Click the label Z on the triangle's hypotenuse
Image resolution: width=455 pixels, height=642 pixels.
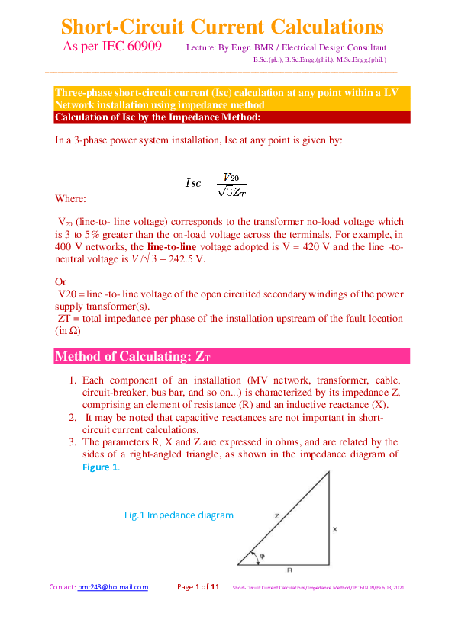[x=276, y=516]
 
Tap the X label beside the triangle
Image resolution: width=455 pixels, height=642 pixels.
[x=335, y=528]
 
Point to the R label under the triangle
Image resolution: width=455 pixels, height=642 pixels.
[x=289, y=570]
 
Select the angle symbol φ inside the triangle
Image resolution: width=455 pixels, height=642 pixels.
[x=262, y=556]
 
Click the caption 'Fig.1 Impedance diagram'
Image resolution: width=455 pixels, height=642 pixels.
[x=179, y=515]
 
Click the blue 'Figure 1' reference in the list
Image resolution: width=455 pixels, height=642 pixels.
[x=100, y=467]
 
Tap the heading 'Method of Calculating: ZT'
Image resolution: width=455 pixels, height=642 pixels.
[x=130, y=357]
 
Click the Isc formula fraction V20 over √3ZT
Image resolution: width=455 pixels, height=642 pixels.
[x=231, y=184]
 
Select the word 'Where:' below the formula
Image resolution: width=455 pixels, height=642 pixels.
[x=71, y=198]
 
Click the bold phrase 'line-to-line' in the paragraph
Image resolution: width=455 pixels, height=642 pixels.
[x=177, y=247]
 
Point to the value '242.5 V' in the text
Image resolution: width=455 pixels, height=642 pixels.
[x=187, y=259]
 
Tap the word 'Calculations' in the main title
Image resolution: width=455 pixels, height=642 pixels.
[x=312, y=27]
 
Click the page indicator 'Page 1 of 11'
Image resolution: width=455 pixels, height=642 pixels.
[x=198, y=587]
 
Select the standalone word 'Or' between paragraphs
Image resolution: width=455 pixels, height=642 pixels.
[x=61, y=281]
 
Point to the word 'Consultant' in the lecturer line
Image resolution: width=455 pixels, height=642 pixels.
[x=363, y=48]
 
